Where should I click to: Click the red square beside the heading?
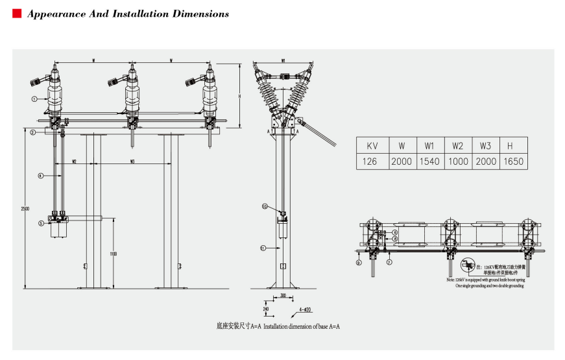17,14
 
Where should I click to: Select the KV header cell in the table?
372,145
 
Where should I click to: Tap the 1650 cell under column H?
514,161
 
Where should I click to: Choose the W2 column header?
457,145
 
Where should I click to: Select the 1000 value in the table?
457,161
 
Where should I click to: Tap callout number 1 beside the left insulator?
32,99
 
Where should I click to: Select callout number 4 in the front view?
40,176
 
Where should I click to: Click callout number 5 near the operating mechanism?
40,223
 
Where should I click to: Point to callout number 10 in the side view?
265,206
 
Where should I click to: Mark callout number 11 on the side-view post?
263,248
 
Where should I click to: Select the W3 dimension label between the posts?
132,161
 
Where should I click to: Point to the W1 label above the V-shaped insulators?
284,61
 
